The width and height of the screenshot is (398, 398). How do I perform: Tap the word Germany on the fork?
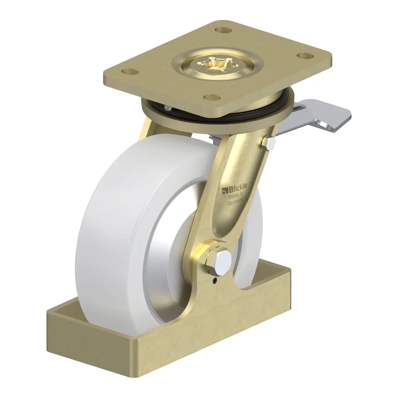coord(235,201)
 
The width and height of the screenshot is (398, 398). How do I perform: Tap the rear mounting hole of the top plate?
coord(223,30)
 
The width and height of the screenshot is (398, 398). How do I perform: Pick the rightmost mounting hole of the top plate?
coord(305,56)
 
